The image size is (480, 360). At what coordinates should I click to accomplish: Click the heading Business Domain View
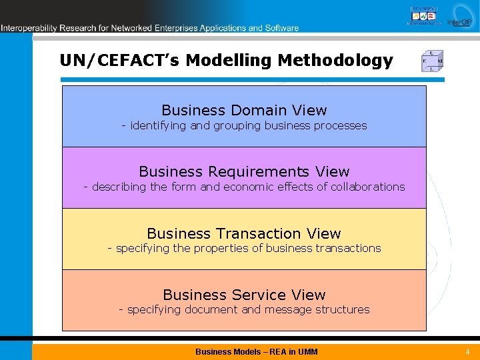tap(244, 111)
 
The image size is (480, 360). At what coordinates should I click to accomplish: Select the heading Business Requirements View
tap(244, 172)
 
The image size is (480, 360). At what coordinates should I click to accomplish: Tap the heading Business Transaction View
tap(244, 233)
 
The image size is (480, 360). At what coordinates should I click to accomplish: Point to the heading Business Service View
tap(244, 295)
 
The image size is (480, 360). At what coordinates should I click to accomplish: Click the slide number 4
tap(467, 351)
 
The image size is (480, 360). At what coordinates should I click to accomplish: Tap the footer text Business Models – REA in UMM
tap(257, 351)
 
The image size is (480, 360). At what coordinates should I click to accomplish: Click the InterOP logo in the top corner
tap(459, 16)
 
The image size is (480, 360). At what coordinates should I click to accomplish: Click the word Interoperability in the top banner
tap(30, 28)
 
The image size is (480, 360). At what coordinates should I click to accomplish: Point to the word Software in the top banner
tap(281, 28)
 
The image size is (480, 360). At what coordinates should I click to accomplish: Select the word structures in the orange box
tap(344, 310)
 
